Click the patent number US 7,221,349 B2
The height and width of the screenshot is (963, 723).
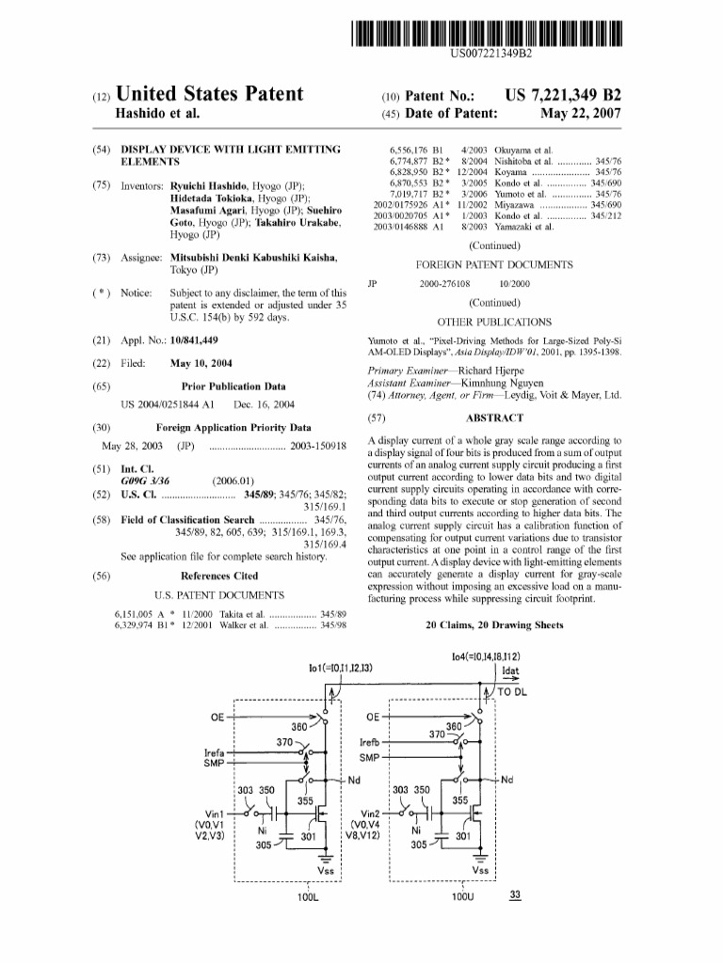tap(563, 95)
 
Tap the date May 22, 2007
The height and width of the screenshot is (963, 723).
tap(580, 114)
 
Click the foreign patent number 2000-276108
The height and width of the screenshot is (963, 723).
tap(450, 283)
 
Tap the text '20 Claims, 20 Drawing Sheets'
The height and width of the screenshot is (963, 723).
tap(494, 624)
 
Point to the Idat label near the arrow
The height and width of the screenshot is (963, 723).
tap(511, 671)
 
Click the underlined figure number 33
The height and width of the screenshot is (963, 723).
tap(514, 894)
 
